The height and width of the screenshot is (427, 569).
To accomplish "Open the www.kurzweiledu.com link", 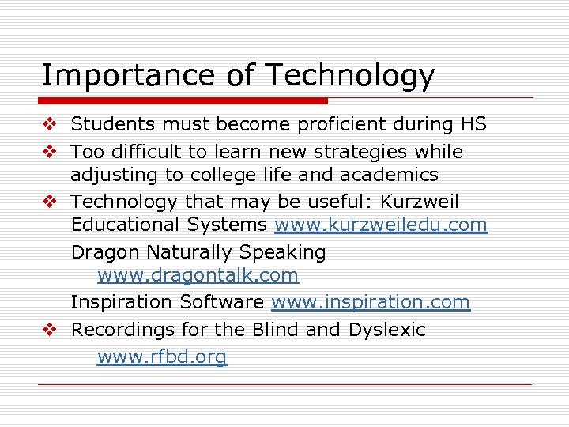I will (x=381, y=225).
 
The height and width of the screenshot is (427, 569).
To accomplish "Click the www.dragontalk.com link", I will (x=198, y=276).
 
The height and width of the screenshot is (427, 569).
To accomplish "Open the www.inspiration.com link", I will (x=371, y=303).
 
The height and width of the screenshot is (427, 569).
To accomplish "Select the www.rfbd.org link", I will (x=162, y=357).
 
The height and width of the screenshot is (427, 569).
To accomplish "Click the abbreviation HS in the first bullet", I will (x=473, y=125).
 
